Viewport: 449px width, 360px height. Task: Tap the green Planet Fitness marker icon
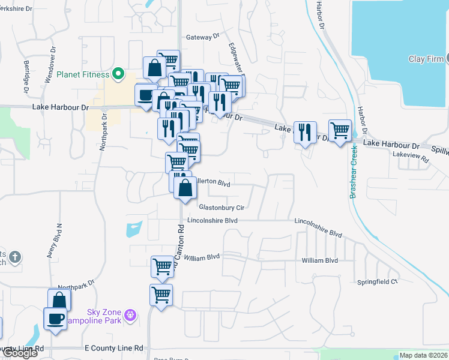(x=118, y=74)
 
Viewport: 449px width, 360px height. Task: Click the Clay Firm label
(x=426, y=59)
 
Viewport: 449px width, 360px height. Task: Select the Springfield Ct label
(x=378, y=281)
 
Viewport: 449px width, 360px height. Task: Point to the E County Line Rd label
(x=113, y=348)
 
